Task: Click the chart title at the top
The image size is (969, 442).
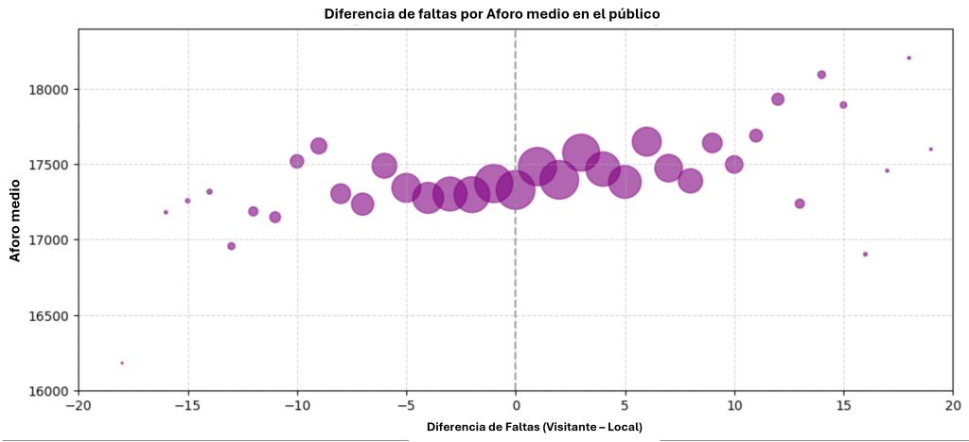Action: coord(492,13)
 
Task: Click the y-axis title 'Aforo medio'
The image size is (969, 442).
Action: coord(16,224)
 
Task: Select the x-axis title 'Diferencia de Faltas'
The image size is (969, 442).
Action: coord(534,428)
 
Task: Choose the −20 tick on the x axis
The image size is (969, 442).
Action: coord(79,405)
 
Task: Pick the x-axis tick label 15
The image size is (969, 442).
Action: coord(843,405)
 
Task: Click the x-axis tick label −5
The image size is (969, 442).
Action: coord(406,405)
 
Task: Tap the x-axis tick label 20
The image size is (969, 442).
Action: coord(952,405)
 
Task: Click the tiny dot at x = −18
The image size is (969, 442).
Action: coord(122,362)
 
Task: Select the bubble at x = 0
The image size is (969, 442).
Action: coord(516,189)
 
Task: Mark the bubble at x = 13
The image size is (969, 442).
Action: coord(800,203)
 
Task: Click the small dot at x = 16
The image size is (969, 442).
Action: coord(865,254)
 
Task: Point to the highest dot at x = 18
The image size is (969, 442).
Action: coord(908,58)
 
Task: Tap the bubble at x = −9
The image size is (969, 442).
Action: coord(319,146)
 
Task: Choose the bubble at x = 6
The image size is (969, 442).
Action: coord(646,142)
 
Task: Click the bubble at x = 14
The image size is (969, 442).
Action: coord(821,75)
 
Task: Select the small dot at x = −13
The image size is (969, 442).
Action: coord(231,246)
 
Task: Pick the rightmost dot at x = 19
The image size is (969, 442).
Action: coord(930,149)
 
